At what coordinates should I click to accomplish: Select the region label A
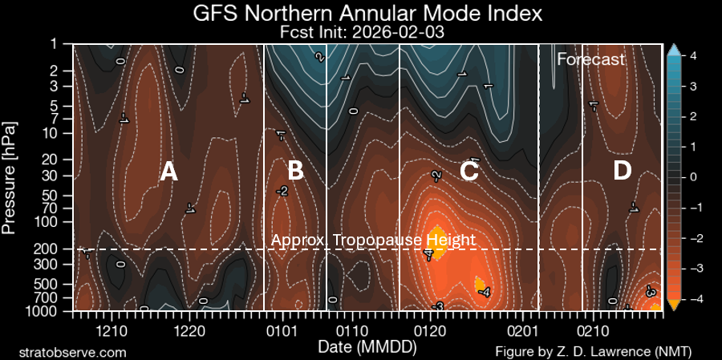(x=168, y=171)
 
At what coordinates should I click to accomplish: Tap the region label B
(x=294, y=171)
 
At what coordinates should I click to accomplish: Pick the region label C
(x=469, y=171)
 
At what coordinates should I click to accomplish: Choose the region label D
(x=622, y=171)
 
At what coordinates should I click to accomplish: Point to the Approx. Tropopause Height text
(x=373, y=240)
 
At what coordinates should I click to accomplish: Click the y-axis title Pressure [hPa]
(x=10, y=177)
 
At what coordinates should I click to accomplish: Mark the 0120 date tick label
(x=431, y=330)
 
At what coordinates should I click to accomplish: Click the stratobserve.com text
(x=72, y=352)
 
